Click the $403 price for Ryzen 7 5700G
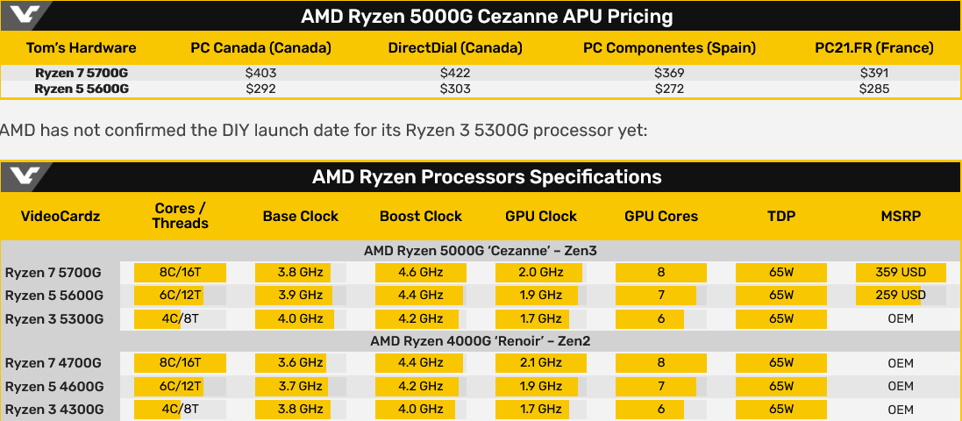coord(260,74)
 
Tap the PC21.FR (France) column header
coord(874,47)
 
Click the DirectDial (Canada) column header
coord(455,47)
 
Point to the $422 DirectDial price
coord(455,74)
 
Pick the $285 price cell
coord(874,89)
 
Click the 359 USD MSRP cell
coord(900,272)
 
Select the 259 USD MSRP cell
coord(900,295)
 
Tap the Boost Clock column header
coord(421,216)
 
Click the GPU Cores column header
coord(661,216)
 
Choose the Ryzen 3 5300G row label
coord(54,318)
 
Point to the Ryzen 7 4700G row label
coord(54,363)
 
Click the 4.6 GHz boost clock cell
coord(421,272)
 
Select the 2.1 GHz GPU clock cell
coord(541,363)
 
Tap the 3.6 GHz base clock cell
coord(300,363)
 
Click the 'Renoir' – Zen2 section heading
coord(481,340)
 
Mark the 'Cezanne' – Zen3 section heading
coord(481,251)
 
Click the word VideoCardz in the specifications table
coord(60,216)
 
